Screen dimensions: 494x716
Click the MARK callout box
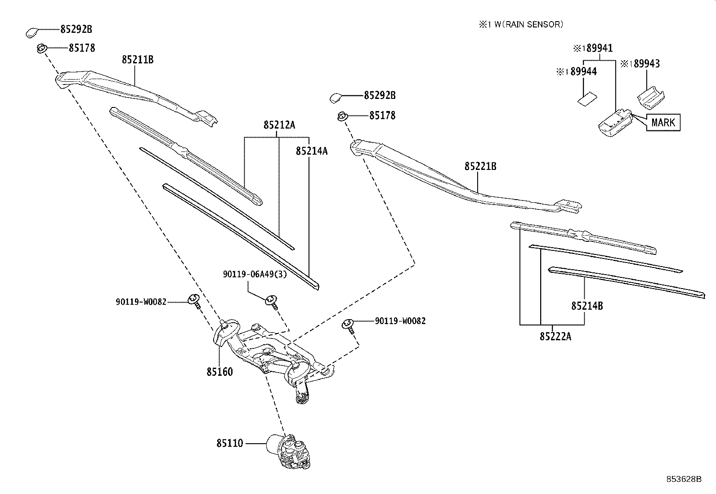click(663, 122)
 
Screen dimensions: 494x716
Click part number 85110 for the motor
click(229, 443)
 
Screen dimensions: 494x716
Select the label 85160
click(220, 372)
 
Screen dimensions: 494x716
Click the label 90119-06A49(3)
click(255, 274)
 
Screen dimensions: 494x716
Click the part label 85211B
click(137, 59)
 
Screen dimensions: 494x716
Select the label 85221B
click(480, 167)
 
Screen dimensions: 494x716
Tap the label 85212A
click(279, 125)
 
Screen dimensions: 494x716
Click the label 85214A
click(312, 151)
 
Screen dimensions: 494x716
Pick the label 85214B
click(587, 306)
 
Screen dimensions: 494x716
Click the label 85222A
click(555, 336)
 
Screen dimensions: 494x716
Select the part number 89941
click(598, 49)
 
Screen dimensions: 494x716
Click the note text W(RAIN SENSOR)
click(528, 25)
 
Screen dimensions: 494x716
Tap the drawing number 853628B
click(684, 479)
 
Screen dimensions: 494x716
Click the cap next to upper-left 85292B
click(32, 32)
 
